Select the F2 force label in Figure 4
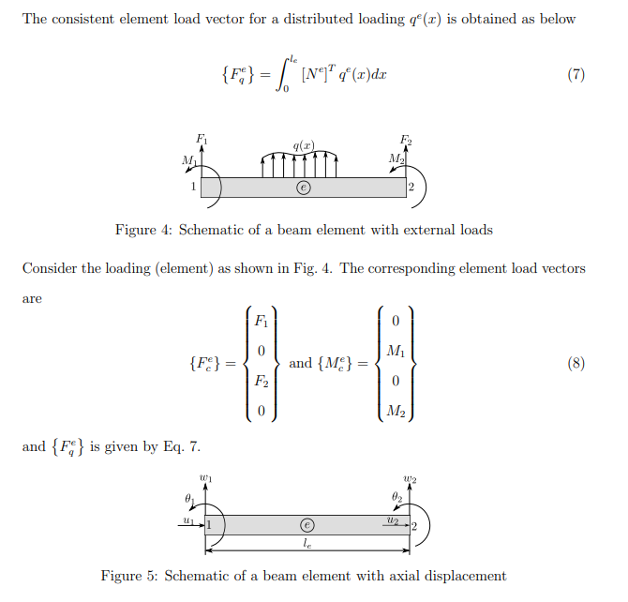[x=405, y=141]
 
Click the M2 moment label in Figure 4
[x=396, y=157]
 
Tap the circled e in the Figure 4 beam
[x=303, y=188]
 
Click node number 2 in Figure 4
[x=411, y=188]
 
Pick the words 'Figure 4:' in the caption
[x=142, y=230]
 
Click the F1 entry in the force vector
[x=262, y=322]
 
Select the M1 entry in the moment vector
[x=395, y=351]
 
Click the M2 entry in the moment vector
[x=395, y=410]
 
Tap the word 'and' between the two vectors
[x=301, y=364]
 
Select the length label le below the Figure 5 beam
[x=307, y=543]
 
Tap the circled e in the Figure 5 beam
[x=306, y=524]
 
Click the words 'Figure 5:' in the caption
[x=129, y=576]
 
